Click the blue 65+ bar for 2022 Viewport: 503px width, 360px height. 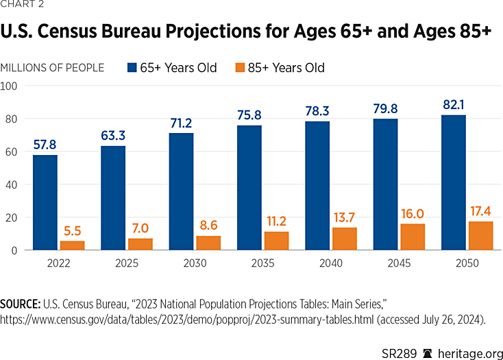pyautogui.click(x=45, y=202)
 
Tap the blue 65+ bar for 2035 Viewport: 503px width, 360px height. pyautogui.click(x=249, y=188)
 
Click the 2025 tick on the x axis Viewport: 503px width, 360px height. pyautogui.click(x=127, y=263)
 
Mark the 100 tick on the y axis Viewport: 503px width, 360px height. pyautogui.click(x=10, y=86)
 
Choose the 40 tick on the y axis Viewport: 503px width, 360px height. pyautogui.click(x=12, y=184)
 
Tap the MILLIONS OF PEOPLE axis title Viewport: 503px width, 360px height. pyautogui.click(x=53, y=68)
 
